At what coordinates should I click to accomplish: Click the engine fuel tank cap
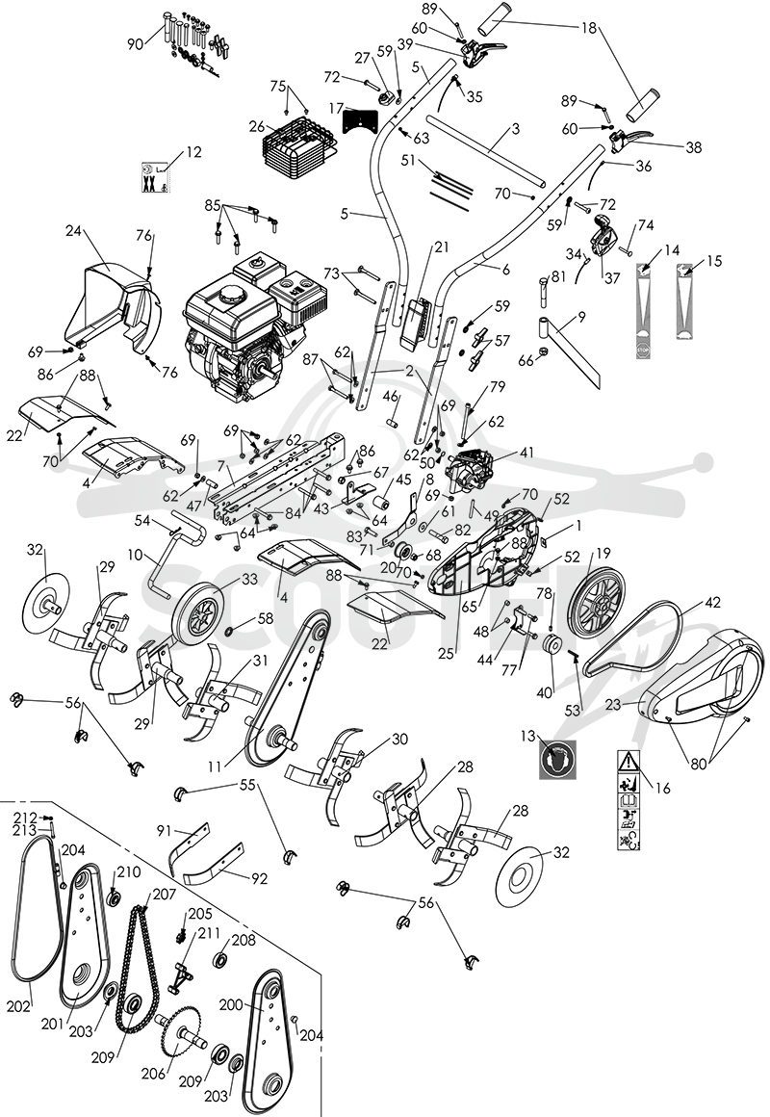tap(231, 293)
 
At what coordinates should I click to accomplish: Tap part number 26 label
tap(256, 127)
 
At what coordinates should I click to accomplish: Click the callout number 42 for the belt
tap(712, 603)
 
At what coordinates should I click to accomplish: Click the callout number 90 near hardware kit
tap(136, 44)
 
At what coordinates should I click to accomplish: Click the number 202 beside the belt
tap(19, 1006)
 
